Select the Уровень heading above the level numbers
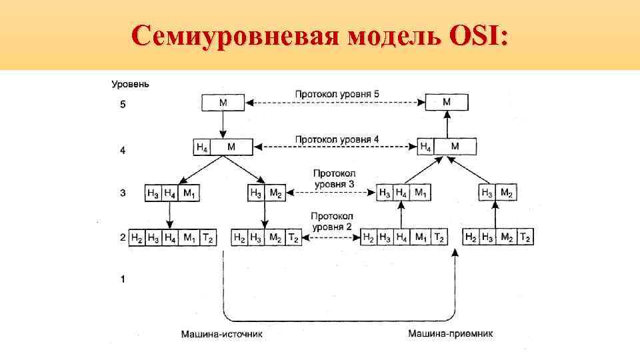pyautogui.click(x=130, y=85)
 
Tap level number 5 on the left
pyautogui.click(x=123, y=105)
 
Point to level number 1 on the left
pyautogui.click(x=123, y=279)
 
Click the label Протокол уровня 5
pyautogui.click(x=337, y=94)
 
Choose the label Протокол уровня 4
pyautogui.click(x=337, y=139)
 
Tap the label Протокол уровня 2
pyautogui.click(x=331, y=222)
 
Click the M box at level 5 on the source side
pyautogui.click(x=222, y=103)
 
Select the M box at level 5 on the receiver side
pyautogui.click(x=447, y=102)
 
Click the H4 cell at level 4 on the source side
pyautogui.click(x=201, y=147)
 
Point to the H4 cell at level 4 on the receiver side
pyautogui.click(x=425, y=147)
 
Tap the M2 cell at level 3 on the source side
pyautogui.click(x=275, y=193)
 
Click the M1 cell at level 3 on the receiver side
pyautogui.click(x=421, y=193)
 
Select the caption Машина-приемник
pyautogui.click(x=451, y=334)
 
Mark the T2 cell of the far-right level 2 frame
pyautogui.click(x=525, y=237)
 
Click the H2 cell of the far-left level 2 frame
pyautogui.click(x=137, y=237)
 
